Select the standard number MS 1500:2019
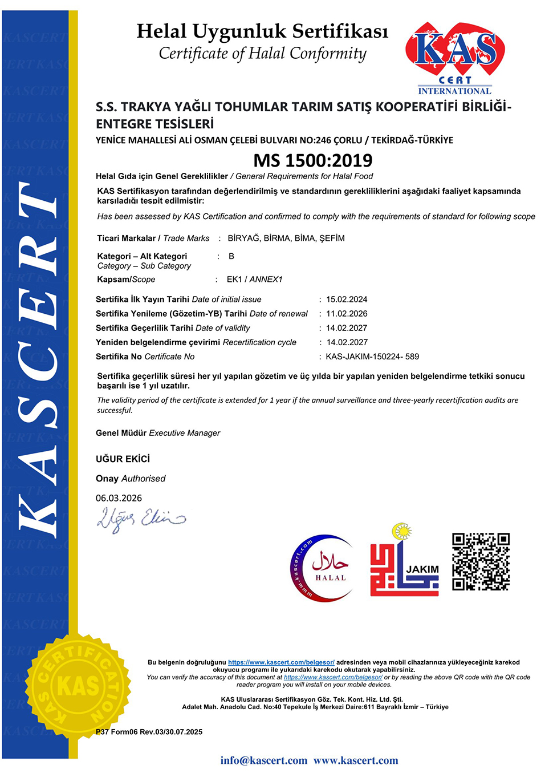pyautogui.click(x=313, y=160)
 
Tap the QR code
pyautogui.click(x=481, y=562)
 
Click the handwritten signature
pyautogui.click(x=141, y=519)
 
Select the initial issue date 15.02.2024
pyautogui.click(x=347, y=300)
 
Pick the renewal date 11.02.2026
pyautogui.click(x=347, y=314)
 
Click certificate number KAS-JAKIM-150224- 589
pyautogui.click(x=372, y=357)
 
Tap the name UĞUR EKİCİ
pyautogui.click(x=123, y=459)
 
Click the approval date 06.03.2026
pyautogui.click(x=119, y=498)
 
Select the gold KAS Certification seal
pyautogui.click(x=78, y=685)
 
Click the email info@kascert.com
pyautogui.click(x=263, y=760)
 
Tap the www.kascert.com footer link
pyautogui.click(x=356, y=760)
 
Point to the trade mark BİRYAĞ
pyautogui.click(x=243, y=238)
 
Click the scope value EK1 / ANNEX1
pyautogui.click(x=254, y=280)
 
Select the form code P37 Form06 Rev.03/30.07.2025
pyautogui.click(x=149, y=732)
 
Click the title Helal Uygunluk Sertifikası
pyautogui.click(x=262, y=31)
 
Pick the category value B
pyautogui.click(x=231, y=256)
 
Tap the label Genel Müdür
pyautogui.click(x=121, y=433)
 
